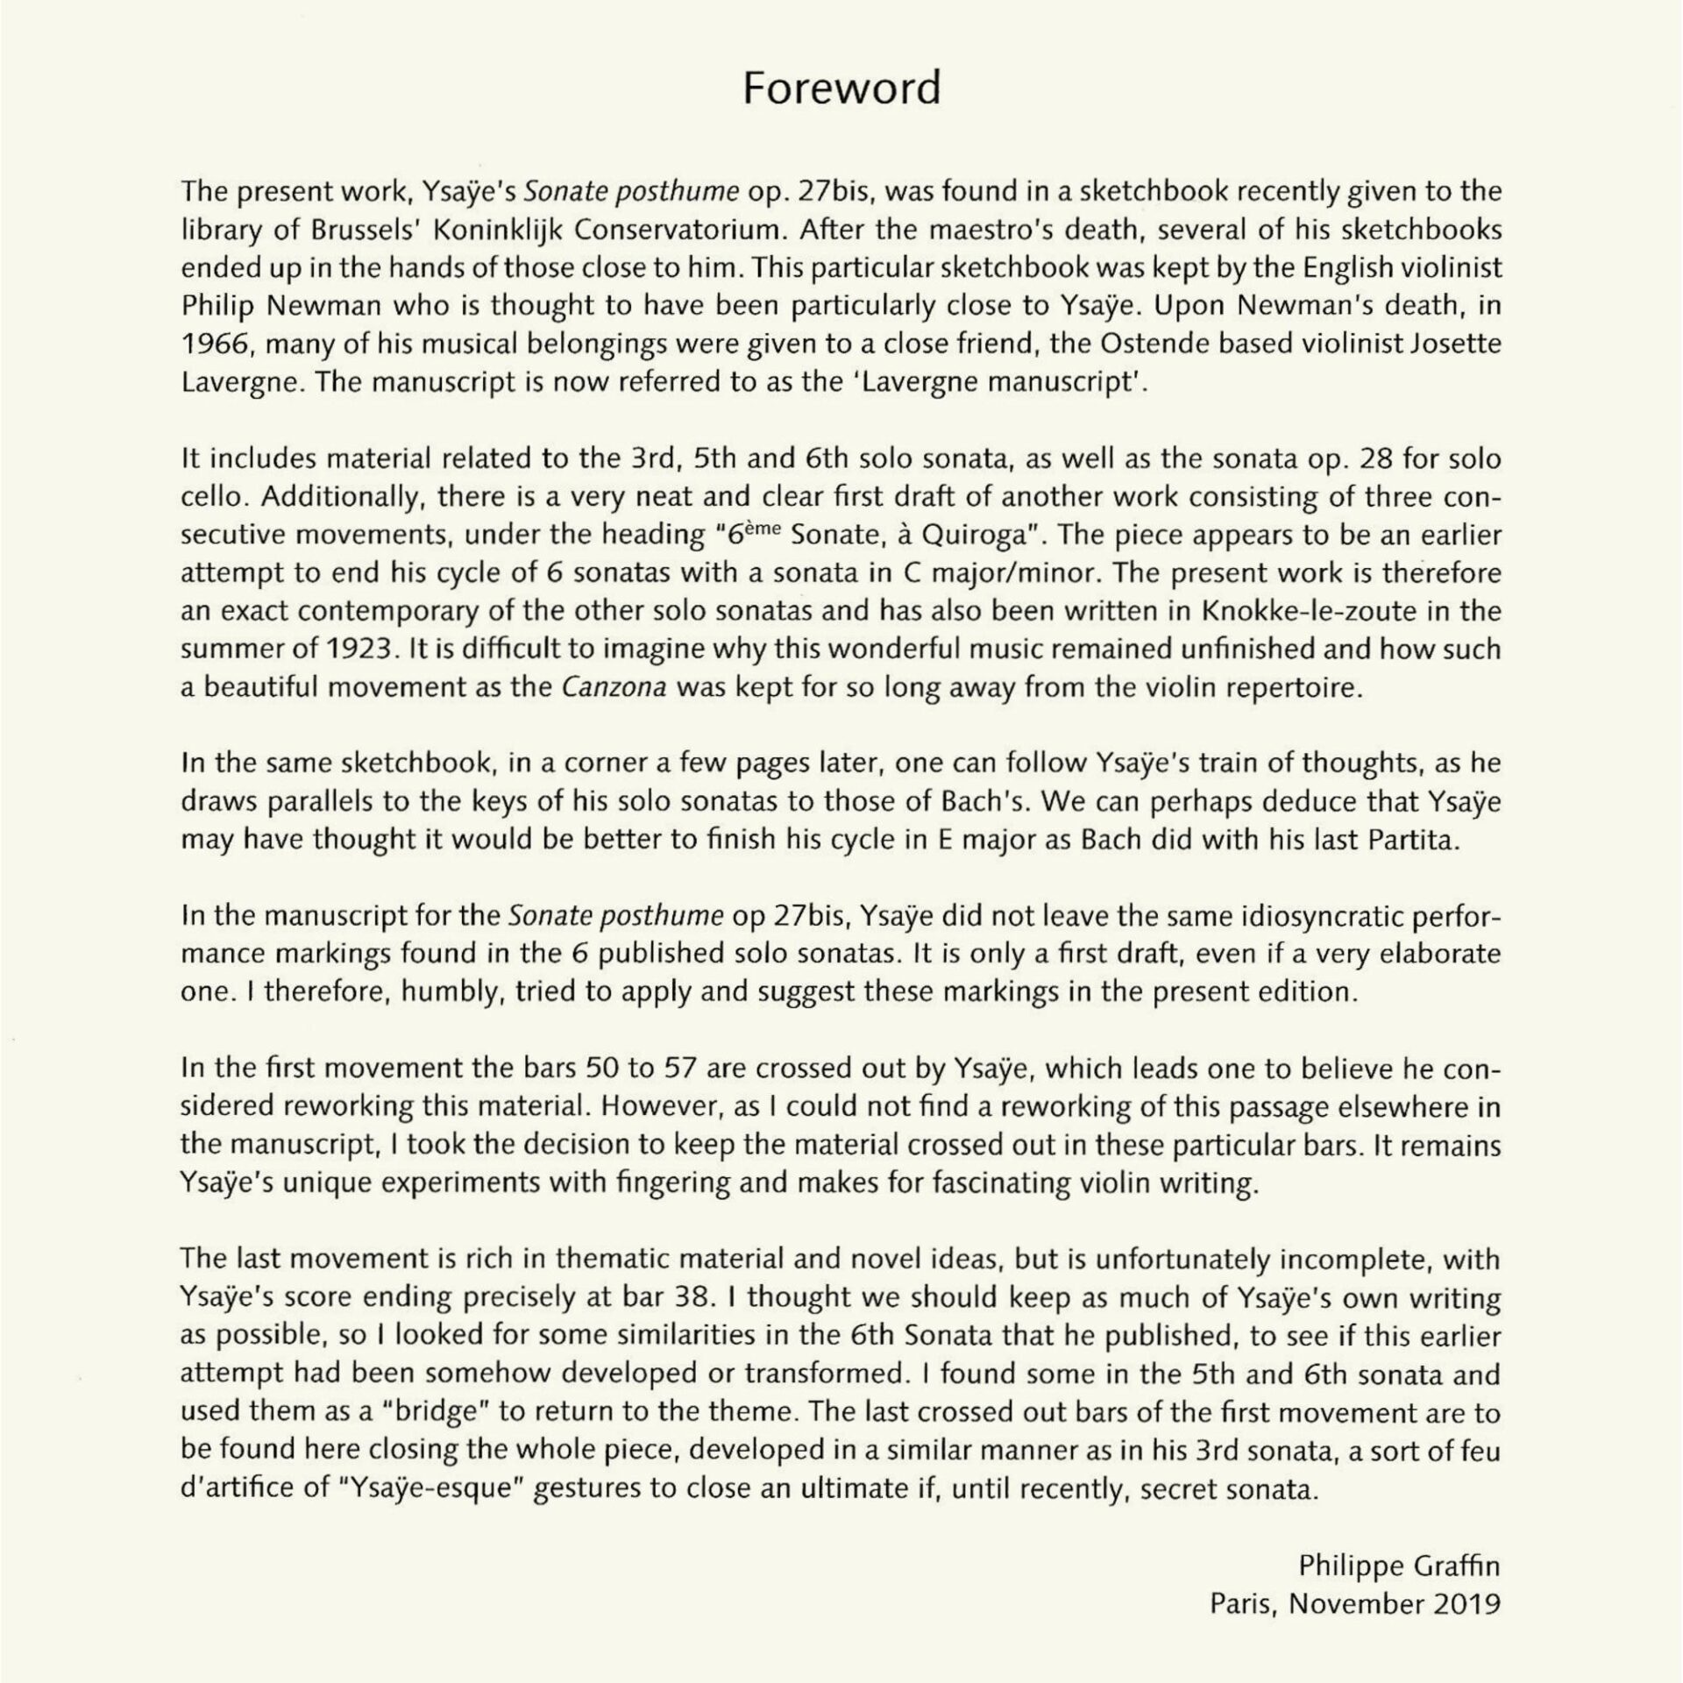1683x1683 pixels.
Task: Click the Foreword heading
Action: coord(841,89)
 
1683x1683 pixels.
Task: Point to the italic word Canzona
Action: coord(614,687)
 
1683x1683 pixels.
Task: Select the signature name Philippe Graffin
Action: coord(1400,1566)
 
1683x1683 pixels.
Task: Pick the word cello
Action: coord(212,497)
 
